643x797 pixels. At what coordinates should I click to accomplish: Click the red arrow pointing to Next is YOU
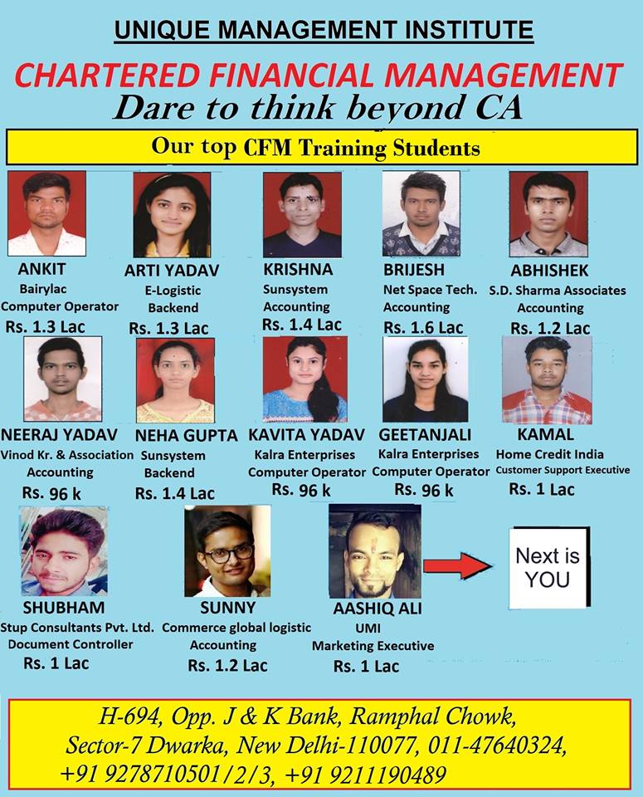click(457, 566)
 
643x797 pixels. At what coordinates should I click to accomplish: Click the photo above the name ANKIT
click(46, 213)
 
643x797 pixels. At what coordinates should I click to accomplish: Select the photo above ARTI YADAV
click(172, 214)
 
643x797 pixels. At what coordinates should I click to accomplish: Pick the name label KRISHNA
click(298, 270)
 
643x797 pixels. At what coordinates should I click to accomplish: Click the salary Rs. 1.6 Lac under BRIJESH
click(423, 327)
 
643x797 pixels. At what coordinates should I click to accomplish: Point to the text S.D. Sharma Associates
click(568, 291)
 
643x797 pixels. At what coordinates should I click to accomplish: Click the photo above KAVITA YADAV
click(304, 379)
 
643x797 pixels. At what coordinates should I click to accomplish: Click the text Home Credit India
click(550, 454)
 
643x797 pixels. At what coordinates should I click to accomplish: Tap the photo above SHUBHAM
click(63, 551)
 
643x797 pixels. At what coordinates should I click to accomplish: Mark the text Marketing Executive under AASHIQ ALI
click(373, 645)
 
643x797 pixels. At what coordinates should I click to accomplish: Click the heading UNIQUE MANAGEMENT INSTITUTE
click(324, 31)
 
